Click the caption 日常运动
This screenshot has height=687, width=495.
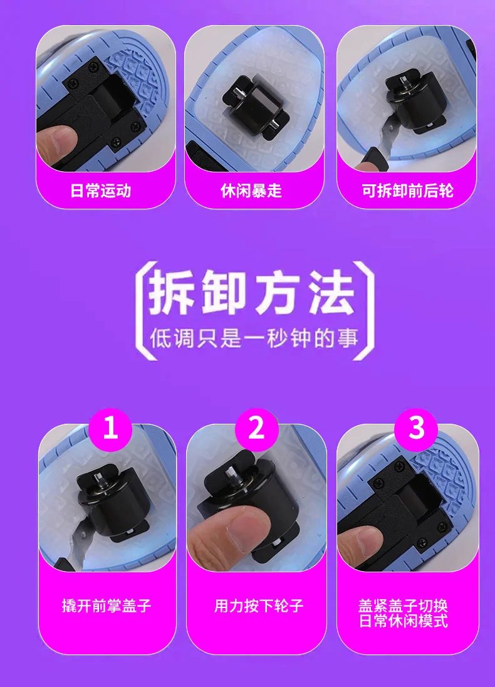tap(100, 191)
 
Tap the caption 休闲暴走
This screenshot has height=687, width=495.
tap(251, 191)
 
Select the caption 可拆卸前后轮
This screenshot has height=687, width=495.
tap(407, 191)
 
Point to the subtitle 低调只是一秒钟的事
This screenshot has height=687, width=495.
tap(254, 338)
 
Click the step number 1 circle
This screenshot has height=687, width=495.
tap(110, 429)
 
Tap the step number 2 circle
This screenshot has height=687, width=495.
tap(256, 429)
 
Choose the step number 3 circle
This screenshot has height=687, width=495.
tap(417, 429)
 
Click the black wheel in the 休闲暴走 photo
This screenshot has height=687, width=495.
tap(254, 107)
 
